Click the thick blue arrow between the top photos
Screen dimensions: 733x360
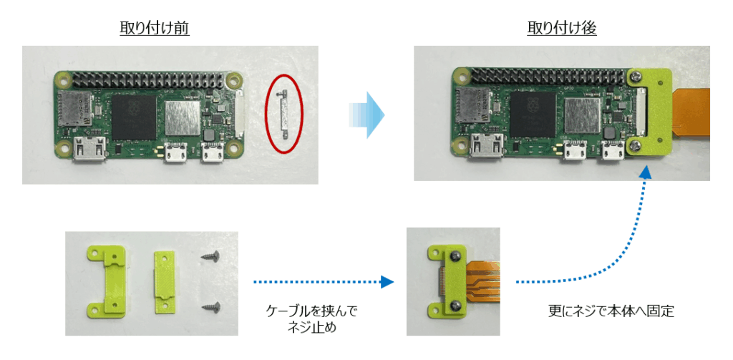(x=366, y=115)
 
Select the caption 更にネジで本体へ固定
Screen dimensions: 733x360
(x=611, y=311)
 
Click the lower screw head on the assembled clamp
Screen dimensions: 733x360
(x=453, y=306)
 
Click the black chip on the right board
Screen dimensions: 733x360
(x=533, y=115)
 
